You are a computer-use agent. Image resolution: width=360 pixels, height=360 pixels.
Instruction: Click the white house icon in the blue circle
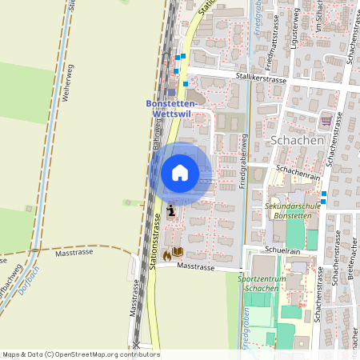tap(180, 173)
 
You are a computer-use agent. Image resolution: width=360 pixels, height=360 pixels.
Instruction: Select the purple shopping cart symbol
tap(326, 121)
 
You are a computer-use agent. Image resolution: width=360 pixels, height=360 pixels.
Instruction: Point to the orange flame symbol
tap(166, 254)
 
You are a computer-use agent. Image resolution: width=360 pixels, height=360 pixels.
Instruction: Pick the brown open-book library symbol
tap(178, 253)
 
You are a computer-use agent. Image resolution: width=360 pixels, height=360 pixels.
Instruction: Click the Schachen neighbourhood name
tap(297, 139)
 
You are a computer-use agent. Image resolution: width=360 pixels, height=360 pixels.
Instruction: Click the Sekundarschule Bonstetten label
tap(292, 210)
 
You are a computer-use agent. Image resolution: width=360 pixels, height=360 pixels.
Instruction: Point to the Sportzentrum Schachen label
tap(267, 282)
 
